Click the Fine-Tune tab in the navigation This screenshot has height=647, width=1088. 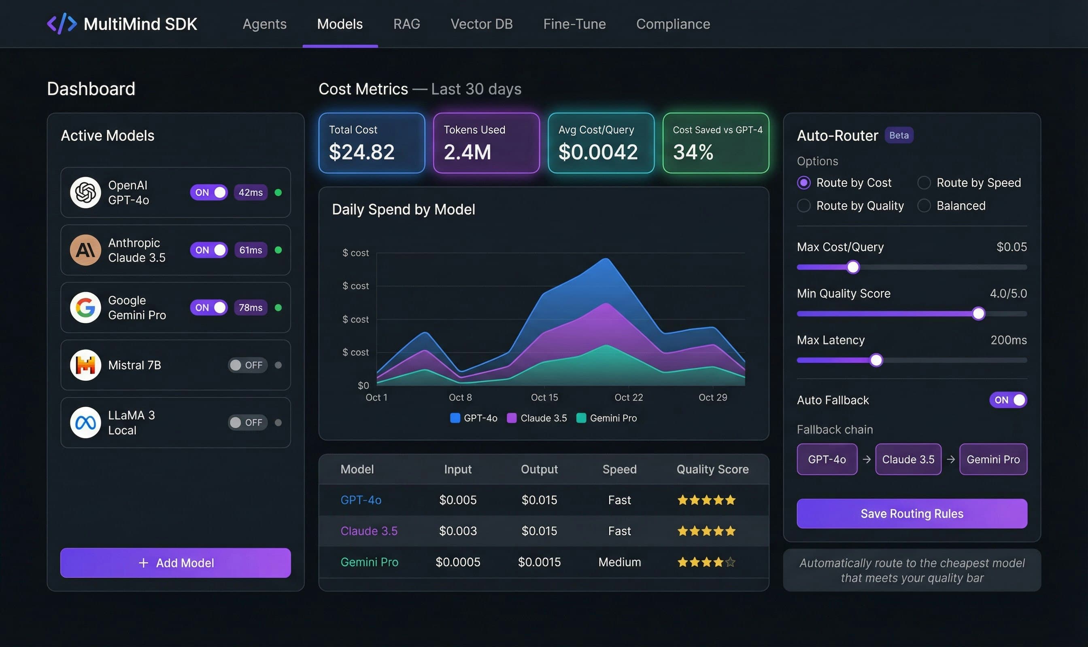coord(574,24)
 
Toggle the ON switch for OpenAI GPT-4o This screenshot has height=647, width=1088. coord(208,192)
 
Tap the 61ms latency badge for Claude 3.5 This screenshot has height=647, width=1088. coord(251,250)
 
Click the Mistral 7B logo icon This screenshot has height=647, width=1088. coord(85,365)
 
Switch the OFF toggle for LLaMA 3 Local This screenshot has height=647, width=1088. coord(247,423)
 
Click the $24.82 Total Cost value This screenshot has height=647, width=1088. coord(361,152)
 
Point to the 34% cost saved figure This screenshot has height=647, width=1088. coord(693,152)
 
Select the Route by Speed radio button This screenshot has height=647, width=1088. coord(924,183)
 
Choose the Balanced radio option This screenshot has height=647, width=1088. coord(924,205)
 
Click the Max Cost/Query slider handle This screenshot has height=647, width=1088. coord(853,267)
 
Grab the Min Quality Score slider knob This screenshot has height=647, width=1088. coord(978,313)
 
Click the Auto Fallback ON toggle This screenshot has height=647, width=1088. coord(1008,400)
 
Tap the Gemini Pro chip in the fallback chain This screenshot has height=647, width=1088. coord(993,459)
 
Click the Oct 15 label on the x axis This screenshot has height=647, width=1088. coord(544,397)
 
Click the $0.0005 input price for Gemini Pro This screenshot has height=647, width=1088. coord(457,562)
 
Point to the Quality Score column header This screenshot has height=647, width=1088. coord(712,469)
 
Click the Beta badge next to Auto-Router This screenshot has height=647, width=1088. coord(899,135)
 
